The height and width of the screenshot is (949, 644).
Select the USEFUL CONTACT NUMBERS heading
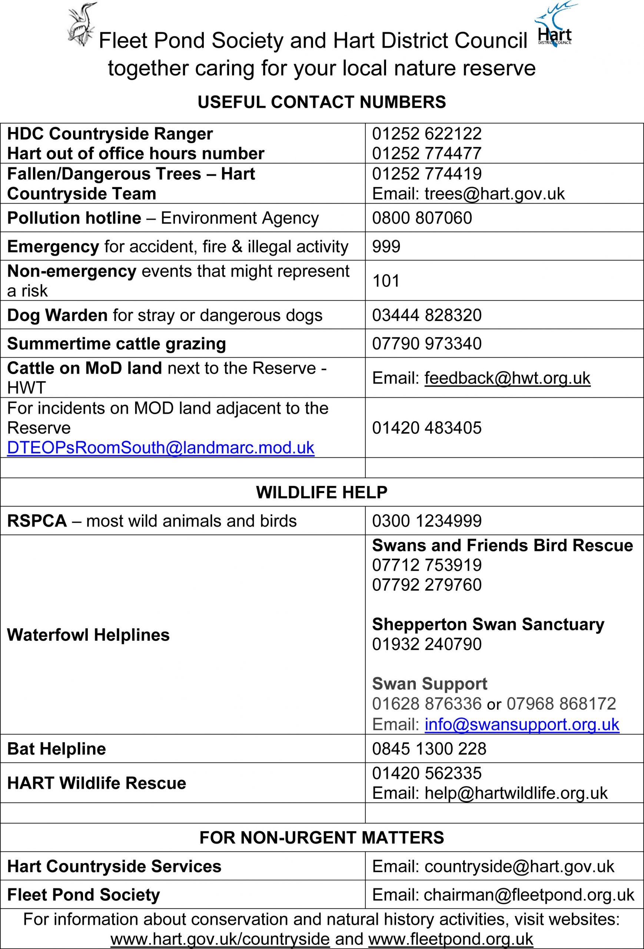tap(322, 102)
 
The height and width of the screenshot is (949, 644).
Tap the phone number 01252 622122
tap(426, 134)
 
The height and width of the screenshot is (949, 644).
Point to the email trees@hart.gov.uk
tap(494, 194)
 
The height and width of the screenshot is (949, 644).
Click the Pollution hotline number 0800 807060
tap(422, 218)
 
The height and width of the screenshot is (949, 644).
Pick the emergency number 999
tap(386, 247)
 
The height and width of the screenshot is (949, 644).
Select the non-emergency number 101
tap(386, 281)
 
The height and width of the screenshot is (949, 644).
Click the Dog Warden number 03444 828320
tap(426, 315)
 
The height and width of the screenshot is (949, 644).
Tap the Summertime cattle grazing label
tap(116, 344)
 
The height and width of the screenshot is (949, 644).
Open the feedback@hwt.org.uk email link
tap(507, 378)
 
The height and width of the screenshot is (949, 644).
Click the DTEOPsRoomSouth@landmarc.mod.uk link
tap(161, 448)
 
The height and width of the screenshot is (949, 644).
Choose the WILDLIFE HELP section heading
tap(322, 492)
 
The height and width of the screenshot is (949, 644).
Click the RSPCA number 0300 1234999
tap(426, 521)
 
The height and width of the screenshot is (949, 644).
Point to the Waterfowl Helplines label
tap(88, 635)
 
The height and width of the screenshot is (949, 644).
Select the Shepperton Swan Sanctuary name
tap(488, 624)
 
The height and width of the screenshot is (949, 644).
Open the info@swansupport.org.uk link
tap(522, 724)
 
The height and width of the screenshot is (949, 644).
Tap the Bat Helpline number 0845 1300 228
tap(429, 749)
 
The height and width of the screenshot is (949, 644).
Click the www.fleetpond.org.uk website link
tap(451, 939)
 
